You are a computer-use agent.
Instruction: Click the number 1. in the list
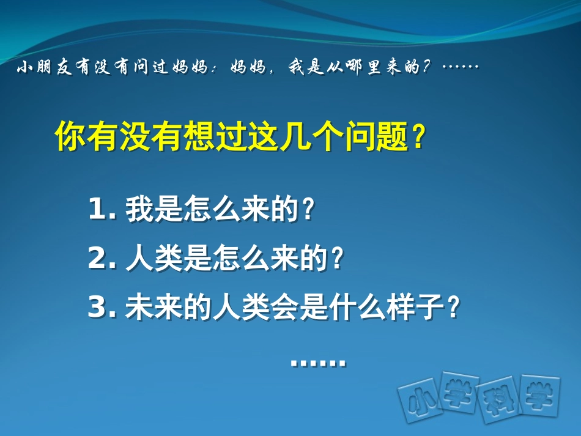(x=102, y=211)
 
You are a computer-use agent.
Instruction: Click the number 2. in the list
(x=102, y=260)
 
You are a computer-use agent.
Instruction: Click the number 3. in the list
(x=102, y=308)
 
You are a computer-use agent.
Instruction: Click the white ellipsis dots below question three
(x=318, y=364)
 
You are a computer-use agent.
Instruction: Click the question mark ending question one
(x=308, y=211)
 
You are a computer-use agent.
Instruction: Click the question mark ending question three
(x=453, y=308)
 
